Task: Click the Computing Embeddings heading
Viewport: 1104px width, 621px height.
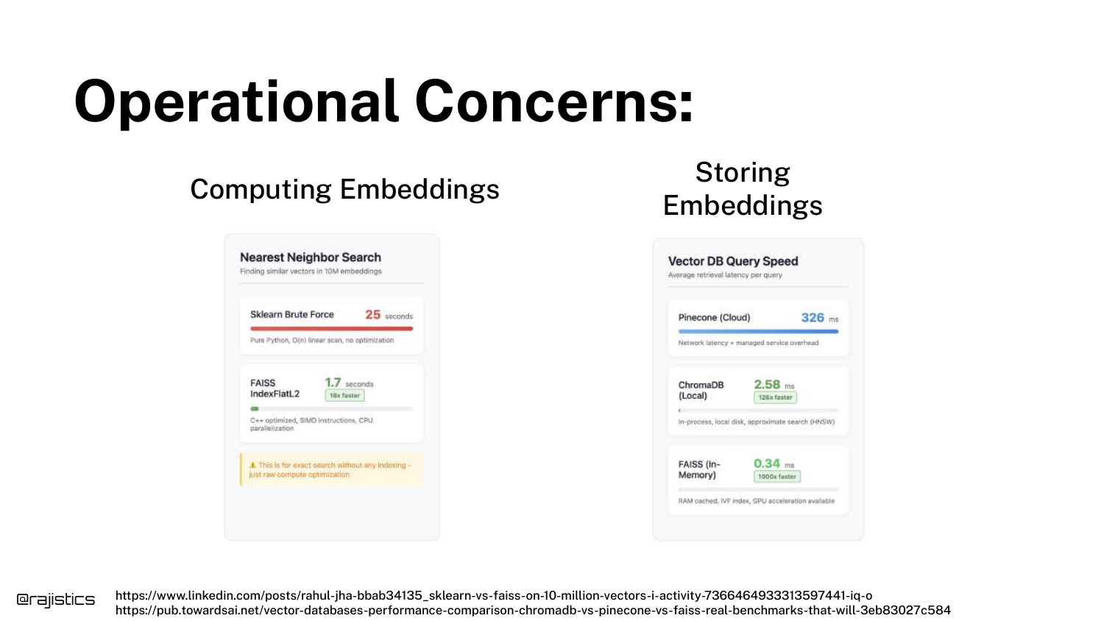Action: pyautogui.click(x=344, y=189)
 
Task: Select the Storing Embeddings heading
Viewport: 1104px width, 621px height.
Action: pyautogui.click(x=742, y=189)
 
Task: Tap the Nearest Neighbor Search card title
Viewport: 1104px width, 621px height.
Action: pyautogui.click(x=310, y=258)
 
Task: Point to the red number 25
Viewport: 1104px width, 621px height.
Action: pyautogui.click(x=372, y=314)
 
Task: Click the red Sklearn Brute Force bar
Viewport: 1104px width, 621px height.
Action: pyautogui.click(x=331, y=328)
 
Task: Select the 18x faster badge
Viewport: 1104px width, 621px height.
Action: pyautogui.click(x=344, y=395)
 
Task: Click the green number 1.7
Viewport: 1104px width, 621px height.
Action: pyautogui.click(x=333, y=383)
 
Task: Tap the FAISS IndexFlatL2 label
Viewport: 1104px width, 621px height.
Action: pyautogui.click(x=275, y=388)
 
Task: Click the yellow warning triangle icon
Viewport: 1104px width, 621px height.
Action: pyautogui.click(x=253, y=465)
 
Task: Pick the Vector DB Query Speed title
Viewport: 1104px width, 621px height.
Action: pyautogui.click(x=733, y=261)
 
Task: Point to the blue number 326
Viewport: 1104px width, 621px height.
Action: pyautogui.click(x=813, y=317)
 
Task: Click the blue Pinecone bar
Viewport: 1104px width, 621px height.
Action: pyautogui.click(x=758, y=332)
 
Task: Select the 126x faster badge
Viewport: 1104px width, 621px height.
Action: pyautogui.click(x=775, y=397)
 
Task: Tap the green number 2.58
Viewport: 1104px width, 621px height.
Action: pyautogui.click(x=767, y=384)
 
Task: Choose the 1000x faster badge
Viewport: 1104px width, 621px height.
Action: pyautogui.click(x=776, y=477)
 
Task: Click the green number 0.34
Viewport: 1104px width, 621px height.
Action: pyautogui.click(x=767, y=464)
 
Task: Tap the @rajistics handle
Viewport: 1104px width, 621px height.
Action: pyautogui.click(x=56, y=600)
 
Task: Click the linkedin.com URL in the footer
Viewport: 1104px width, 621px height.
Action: pyautogui.click(x=494, y=595)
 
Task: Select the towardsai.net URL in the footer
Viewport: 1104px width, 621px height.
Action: pyautogui.click(x=533, y=610)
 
